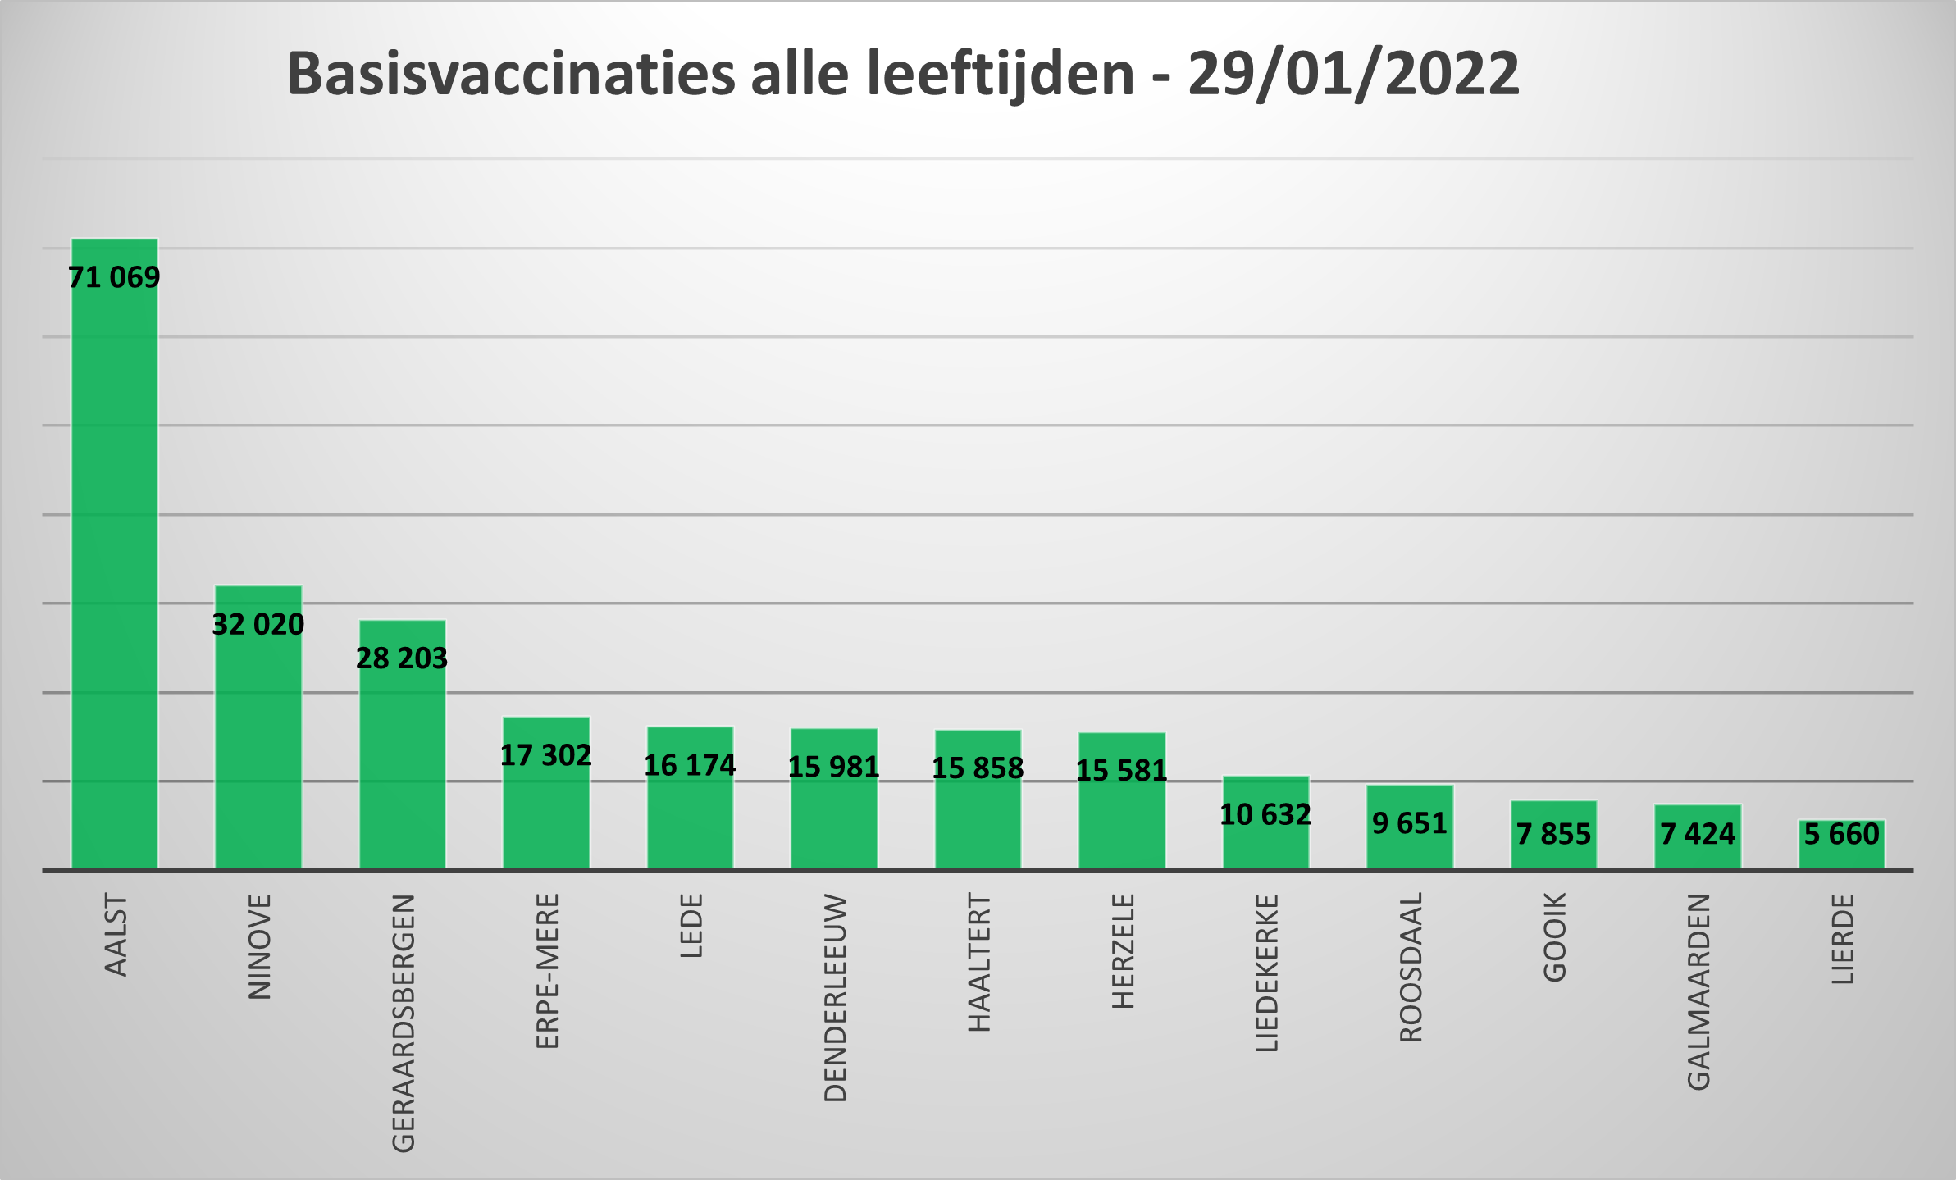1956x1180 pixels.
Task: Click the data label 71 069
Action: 114,277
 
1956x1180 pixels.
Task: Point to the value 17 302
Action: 545,755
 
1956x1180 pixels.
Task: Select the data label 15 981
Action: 833,767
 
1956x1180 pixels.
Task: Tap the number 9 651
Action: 1410,822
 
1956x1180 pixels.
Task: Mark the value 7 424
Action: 1698,834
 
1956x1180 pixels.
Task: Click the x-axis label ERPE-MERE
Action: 547,971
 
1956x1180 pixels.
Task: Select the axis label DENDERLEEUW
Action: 835,997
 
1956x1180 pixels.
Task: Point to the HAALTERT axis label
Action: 979,963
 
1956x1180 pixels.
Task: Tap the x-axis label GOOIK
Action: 1555,937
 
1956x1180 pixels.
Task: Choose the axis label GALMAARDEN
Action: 1698,991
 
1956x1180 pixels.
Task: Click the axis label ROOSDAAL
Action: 1411,968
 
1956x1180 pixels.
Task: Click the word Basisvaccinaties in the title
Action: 511,74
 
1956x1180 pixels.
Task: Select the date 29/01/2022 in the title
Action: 1353,74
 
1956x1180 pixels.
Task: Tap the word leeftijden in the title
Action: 1000,74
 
